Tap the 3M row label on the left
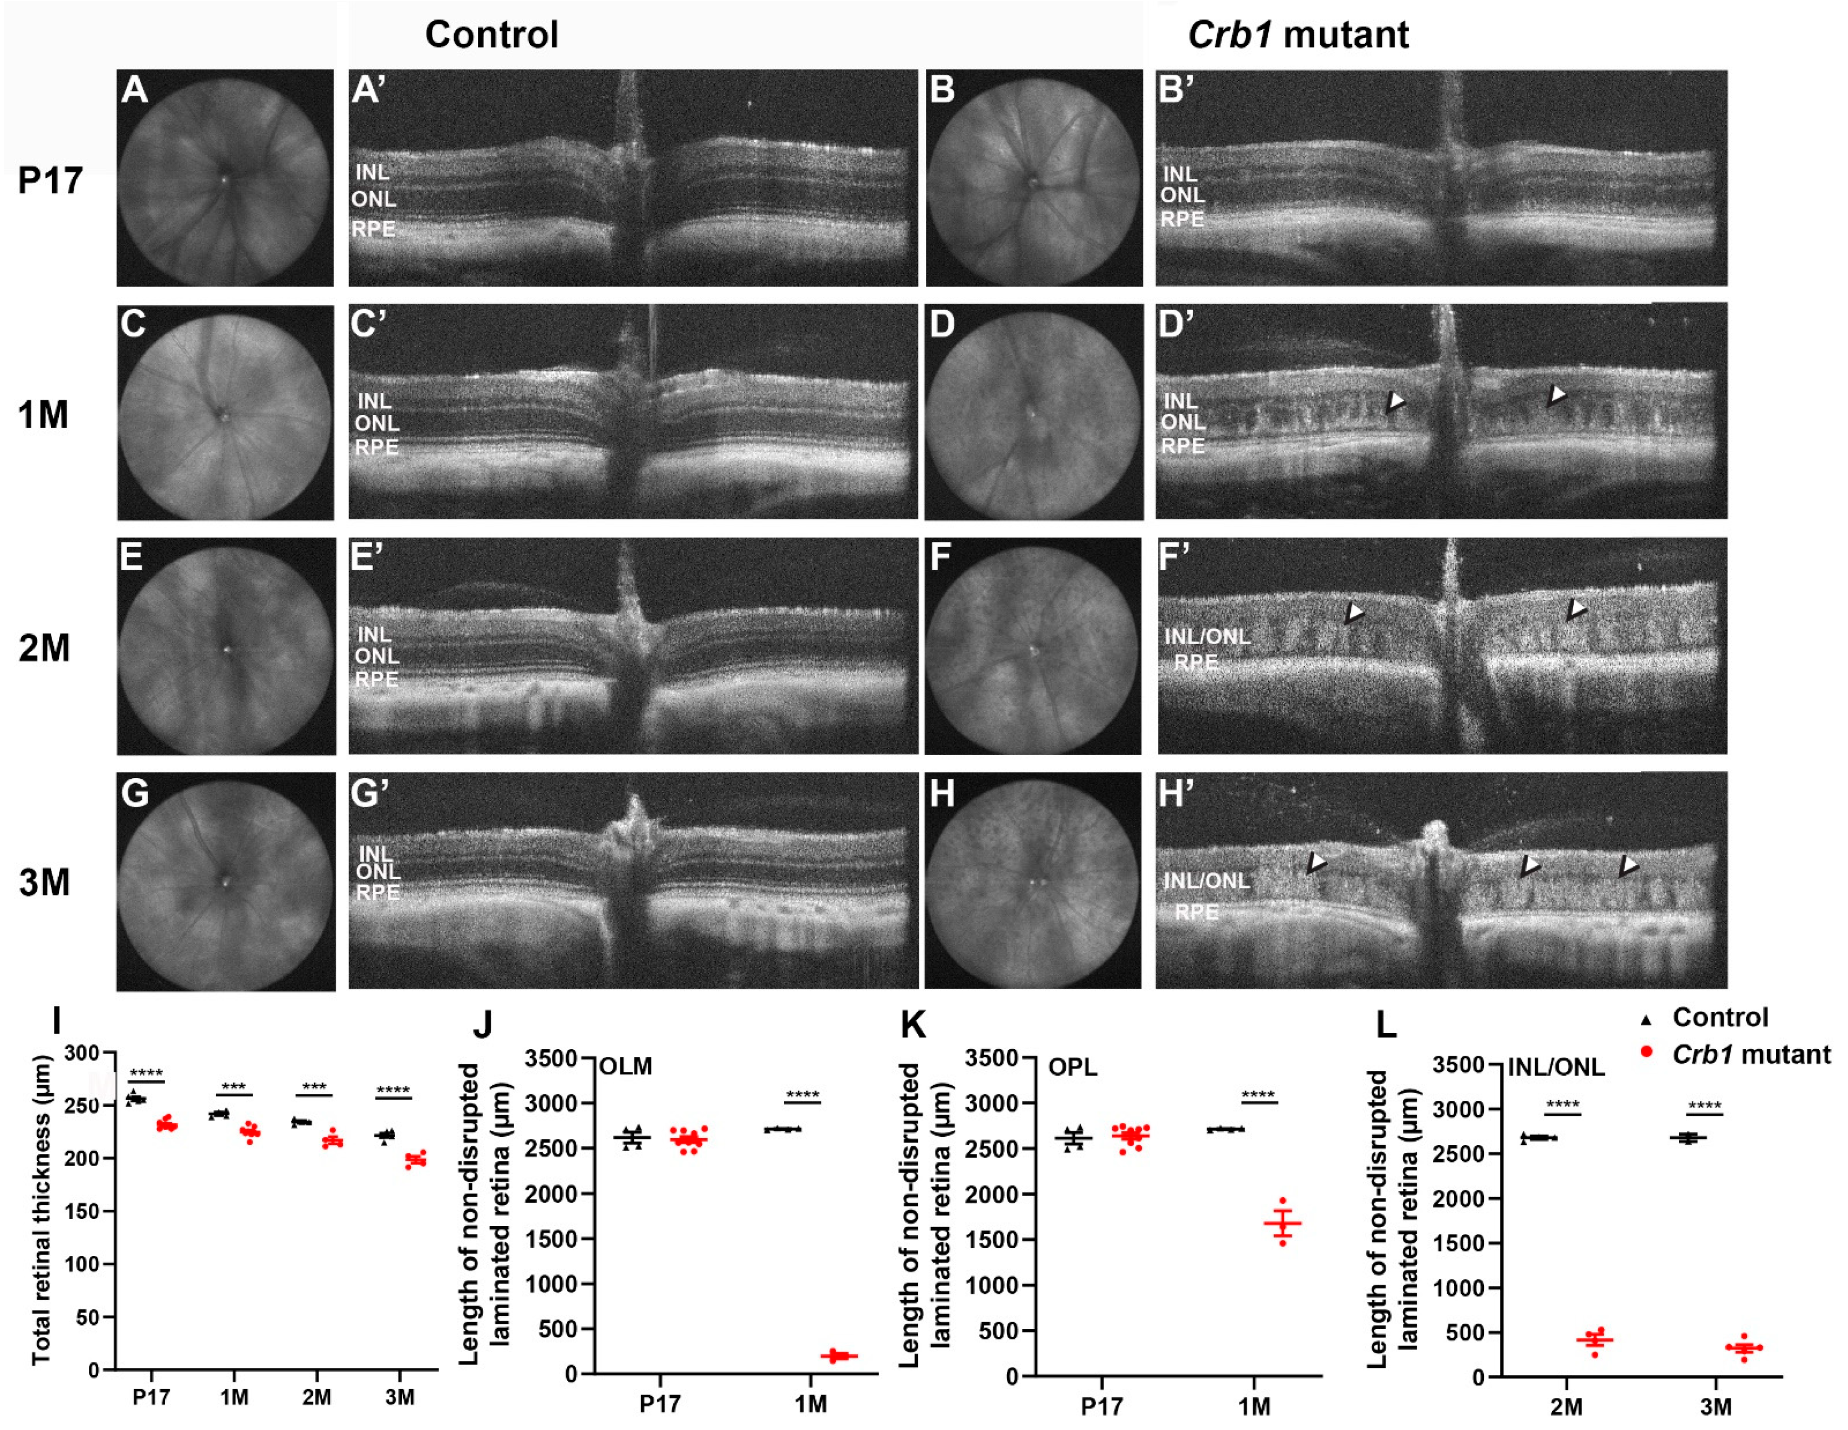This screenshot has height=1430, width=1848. coord(44,883)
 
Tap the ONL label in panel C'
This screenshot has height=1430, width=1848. coord(376,423)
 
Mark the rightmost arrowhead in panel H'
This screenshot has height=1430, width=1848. coord(1628,865)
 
